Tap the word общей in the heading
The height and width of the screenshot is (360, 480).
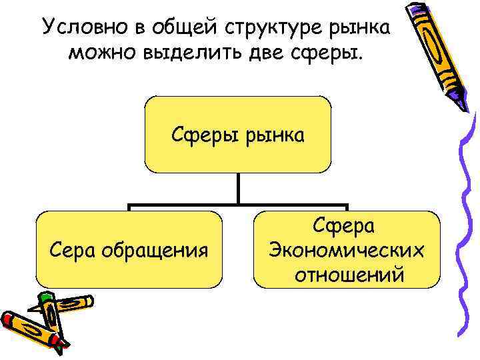(x=181, y=28)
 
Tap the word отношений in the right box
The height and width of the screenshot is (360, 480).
(x=347, y=273)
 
